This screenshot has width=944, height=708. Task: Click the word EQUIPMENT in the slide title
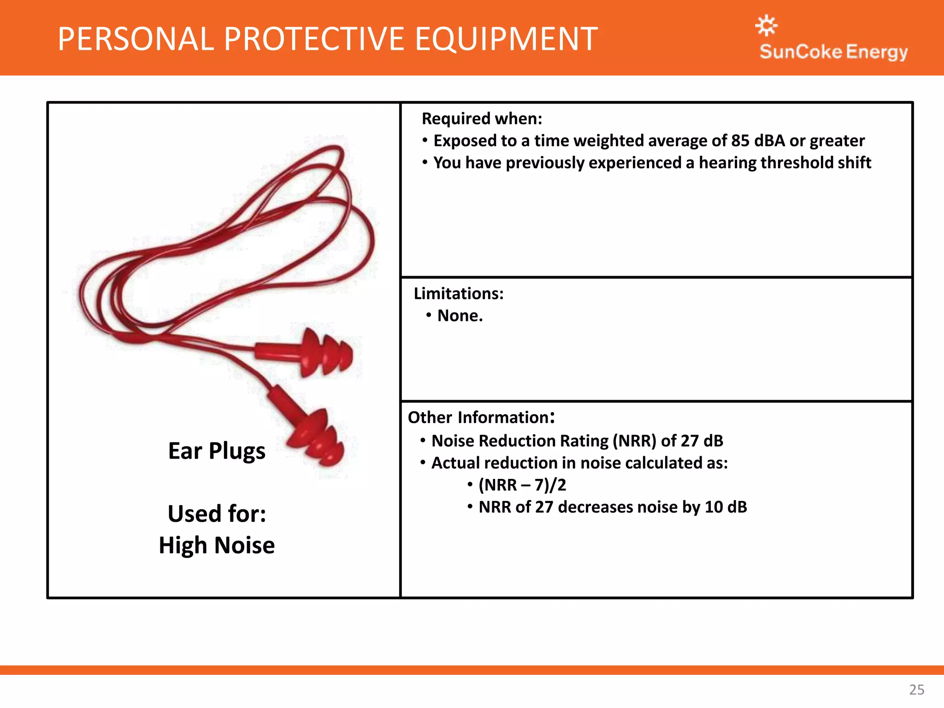[x=506, y=39]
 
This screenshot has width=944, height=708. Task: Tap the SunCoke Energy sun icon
[x=767, y=25]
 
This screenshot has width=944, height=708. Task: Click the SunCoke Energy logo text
[x=833, y=52]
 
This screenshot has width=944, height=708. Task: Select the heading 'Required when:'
[x=482, y=119]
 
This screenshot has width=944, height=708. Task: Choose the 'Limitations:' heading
[x=459, y=294]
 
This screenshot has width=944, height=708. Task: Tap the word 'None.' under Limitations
[x=460, y=316]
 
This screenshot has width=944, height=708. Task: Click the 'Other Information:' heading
[x=481, y=417]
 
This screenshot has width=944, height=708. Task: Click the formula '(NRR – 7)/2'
[x=522, y=485]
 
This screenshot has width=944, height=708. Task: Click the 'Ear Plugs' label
[x=217, y=451]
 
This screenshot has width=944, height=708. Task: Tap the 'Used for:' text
[x=217, y=514]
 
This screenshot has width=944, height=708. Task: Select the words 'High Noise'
[x=217, y=545]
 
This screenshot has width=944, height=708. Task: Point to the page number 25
[x=916, y=690]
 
